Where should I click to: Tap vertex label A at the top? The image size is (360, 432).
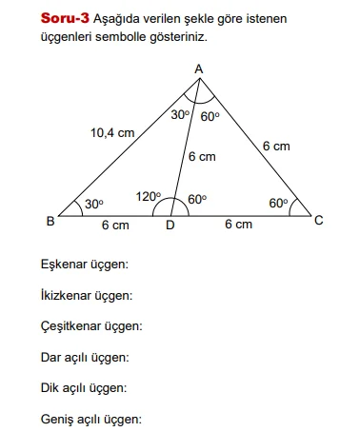coord(199,69)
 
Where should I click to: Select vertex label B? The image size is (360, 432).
coord(50,222)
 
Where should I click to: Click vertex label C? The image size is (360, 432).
coord(319,221)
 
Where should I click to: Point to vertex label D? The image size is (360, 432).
coord(170,226)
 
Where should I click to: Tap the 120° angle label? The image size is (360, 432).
coord(148,197)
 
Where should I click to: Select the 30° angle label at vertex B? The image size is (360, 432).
coord(93,204)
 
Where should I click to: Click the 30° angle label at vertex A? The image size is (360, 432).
coord(181,115)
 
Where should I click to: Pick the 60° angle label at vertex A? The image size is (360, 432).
coord(210,116)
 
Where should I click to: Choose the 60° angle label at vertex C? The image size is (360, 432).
coord(278,203)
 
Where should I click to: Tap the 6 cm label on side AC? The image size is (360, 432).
coord(276,146)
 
